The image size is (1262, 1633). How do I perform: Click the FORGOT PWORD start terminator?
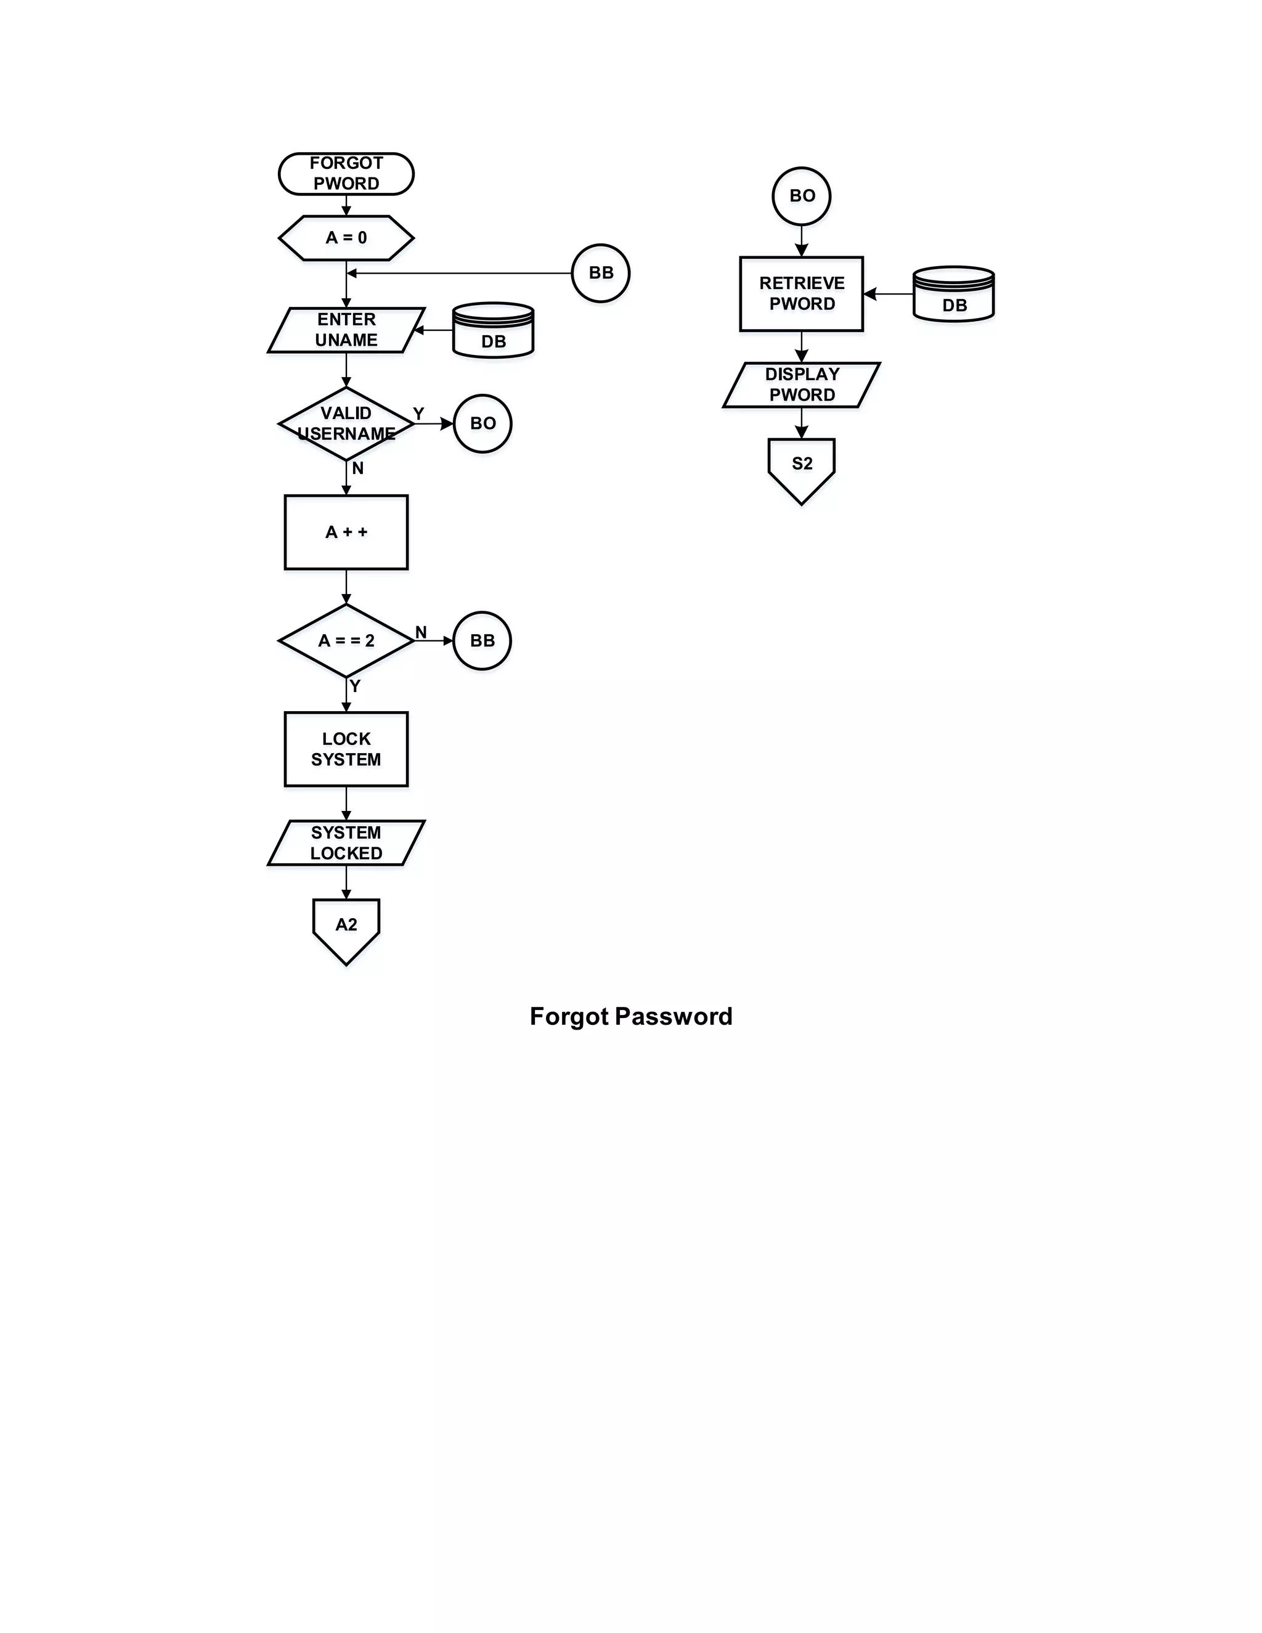[346, 174]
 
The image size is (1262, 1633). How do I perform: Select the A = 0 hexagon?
[346, 238]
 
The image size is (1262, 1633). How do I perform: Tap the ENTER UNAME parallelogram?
[346, 330]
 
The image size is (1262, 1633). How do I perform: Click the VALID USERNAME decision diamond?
[346, 423]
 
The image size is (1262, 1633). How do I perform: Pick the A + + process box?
[346, 532]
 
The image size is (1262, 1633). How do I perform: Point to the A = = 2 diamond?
[346, 641]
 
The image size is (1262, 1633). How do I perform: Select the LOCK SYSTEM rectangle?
[346, 749]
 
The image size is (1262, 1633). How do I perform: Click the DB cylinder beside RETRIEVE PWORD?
[953, 295]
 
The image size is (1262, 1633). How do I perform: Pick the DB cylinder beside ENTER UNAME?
[493, 332]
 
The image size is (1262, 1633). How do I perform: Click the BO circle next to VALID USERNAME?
[482, 423]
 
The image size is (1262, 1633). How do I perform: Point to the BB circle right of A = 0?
[600, 273]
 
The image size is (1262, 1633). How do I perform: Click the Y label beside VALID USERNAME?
[418, 413]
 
